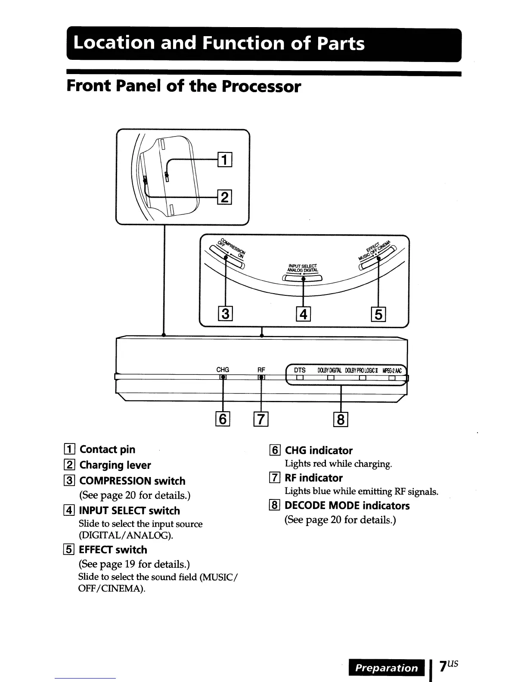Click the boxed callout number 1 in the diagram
pos(225,160)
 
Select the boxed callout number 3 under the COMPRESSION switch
pos(225,313)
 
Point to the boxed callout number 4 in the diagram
pos(304,314)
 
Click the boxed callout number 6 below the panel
pos(223,418)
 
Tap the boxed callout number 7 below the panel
pos(261,418)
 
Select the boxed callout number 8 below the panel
pos(341,418)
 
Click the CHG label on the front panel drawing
pos(223,370)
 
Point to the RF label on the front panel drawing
pos(261,370)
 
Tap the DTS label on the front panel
pos(300,370)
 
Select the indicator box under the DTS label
pos(300,378)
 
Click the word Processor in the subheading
pos(261,87)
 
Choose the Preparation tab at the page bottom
pos(386,668)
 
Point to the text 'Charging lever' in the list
pos(115,465)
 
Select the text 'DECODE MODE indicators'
pos(347,505)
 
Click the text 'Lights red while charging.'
pos(338,464)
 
